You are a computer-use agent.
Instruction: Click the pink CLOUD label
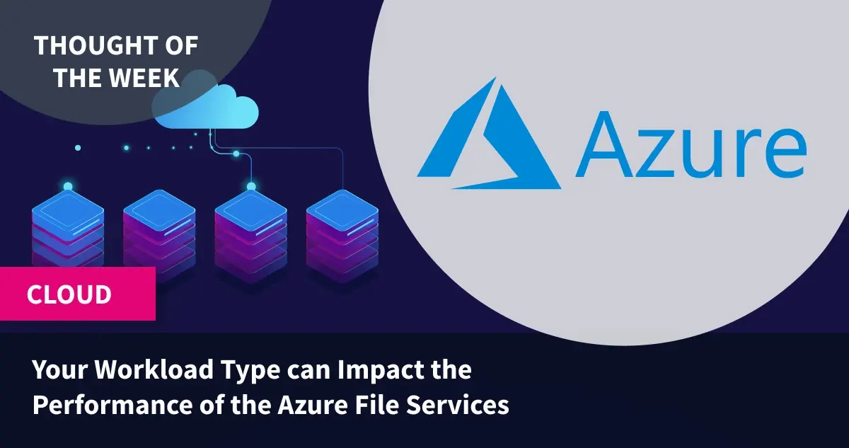coord(77,294)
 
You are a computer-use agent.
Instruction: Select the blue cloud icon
coord(206,107)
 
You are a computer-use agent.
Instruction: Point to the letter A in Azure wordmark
coord(606,144)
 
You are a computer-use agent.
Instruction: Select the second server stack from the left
coord(159,236)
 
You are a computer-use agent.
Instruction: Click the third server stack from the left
coord(251,236)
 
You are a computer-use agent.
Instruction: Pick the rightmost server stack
coord(342,236)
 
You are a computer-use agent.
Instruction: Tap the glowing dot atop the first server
coord(68,186)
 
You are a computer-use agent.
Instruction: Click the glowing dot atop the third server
coord(251,186)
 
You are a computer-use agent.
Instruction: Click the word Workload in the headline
coord(154,369)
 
